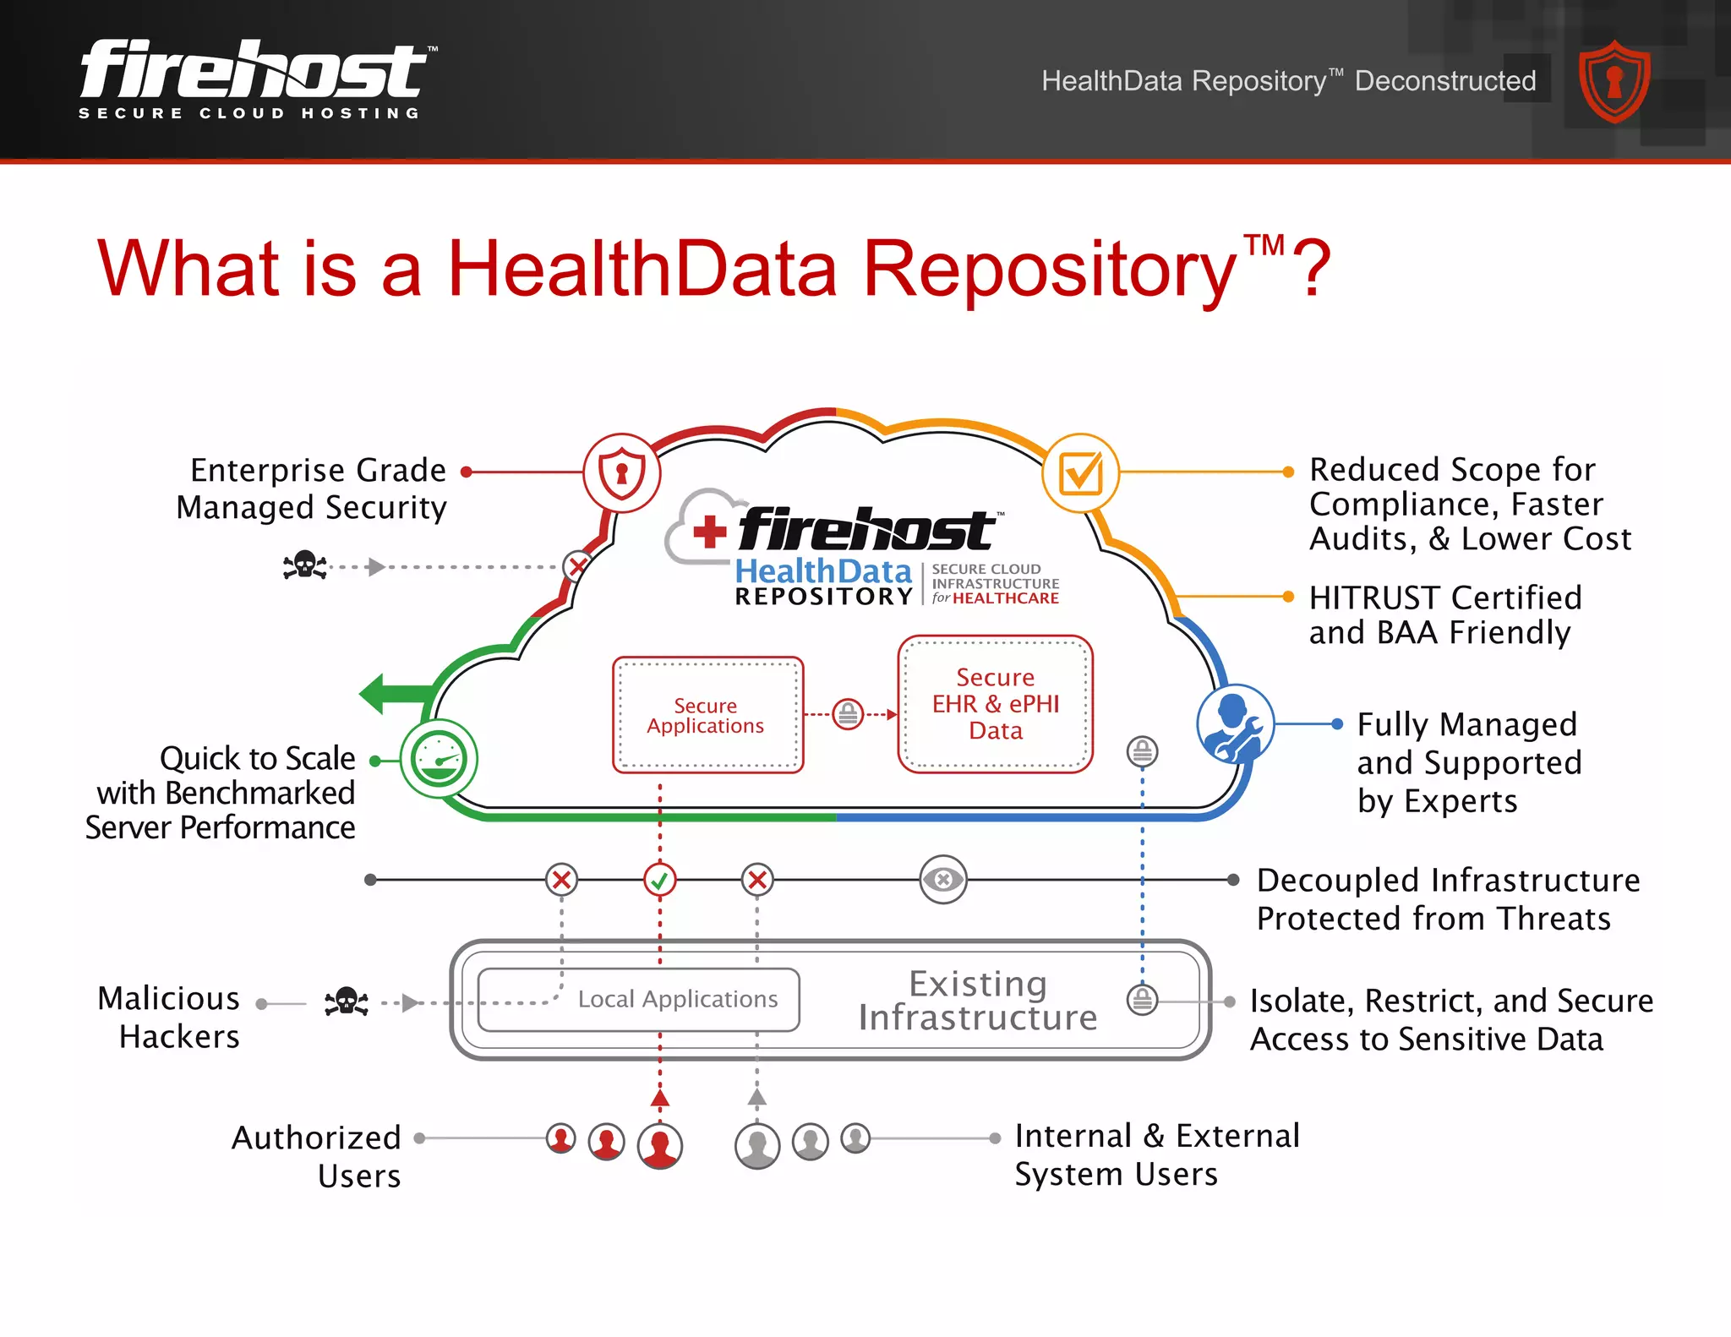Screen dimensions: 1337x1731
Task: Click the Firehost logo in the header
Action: (254, 79)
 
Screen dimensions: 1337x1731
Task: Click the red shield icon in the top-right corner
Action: (1614, 82)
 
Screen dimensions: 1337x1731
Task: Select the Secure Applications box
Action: (707, 715)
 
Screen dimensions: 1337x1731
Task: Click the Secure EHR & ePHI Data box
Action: (995, 704)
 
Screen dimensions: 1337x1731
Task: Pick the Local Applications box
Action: (640, 999)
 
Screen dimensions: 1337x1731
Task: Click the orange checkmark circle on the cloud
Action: (1080, 472)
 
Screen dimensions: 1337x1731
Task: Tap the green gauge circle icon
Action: (439, 758)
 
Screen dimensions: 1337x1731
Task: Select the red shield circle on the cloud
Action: (621, 472)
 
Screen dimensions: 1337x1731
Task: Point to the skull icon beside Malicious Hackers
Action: (347, 1001)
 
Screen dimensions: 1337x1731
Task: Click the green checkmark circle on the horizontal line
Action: (659, 880)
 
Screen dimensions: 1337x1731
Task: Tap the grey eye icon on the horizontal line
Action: (942, 880)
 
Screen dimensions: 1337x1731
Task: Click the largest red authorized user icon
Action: (660, 1145)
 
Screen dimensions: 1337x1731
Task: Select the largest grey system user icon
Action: (757, 1145)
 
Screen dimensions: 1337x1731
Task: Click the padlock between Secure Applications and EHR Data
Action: (848, 714)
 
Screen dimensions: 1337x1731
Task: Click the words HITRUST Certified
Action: (1444, 598)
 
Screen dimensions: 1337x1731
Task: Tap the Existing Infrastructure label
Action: (978, 1001)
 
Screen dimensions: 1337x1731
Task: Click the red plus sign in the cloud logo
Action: (709, 532)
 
